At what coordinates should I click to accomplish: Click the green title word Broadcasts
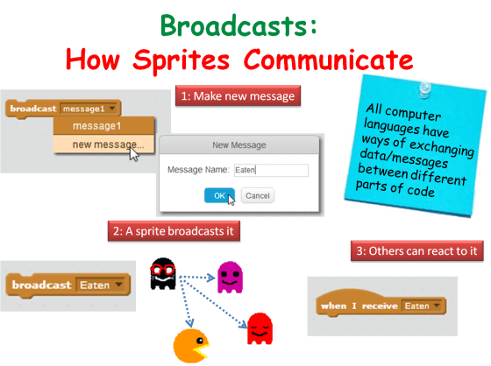pyautogui.click(x=239, y=25)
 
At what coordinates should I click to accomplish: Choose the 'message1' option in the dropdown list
pyautogui.click(x=96, y=126)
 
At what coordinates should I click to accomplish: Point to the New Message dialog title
pyautogui.click(x=239, y=144)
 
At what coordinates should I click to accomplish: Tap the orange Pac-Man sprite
pyautogui.click(x=191, y=345)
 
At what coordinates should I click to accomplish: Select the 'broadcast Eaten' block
pyautogui.click(x=67, y=261)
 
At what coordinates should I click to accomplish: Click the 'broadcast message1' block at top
pyautogui.click(x=62, y=109)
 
